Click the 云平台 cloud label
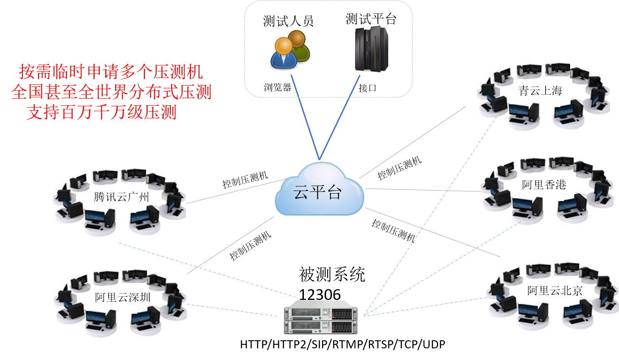click(317, 192)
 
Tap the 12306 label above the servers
click(320, 295)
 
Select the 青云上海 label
click(540, 91)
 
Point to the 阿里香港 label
click(544, 184)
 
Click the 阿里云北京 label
click(554, 291)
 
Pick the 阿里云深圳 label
click(122, 298)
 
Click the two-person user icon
click(290, 50)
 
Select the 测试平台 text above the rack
click(371, 19)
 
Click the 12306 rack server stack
click(320, 321)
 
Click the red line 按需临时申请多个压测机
click(111, 72)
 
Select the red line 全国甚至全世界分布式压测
click(111, 92)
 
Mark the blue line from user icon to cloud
click(305, 117)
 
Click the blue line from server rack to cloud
click(340, 117)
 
